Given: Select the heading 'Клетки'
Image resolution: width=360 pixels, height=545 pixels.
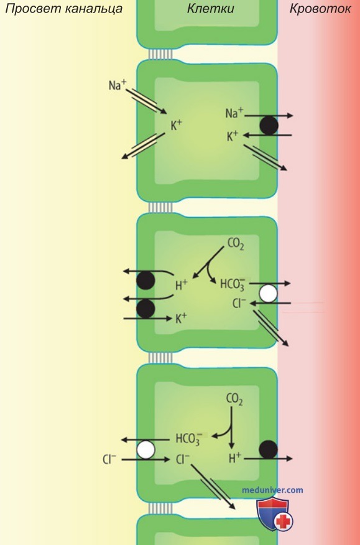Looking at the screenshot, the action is coord(211,8).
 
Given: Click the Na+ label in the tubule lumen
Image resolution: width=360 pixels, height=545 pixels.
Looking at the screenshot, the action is coord(118,85).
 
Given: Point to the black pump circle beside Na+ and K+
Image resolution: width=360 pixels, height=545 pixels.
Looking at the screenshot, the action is coord(269,126).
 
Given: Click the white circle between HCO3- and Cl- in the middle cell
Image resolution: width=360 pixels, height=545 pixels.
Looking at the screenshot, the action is coord(269,294).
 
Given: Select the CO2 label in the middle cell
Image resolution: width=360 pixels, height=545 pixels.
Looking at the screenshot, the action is coord(236,245).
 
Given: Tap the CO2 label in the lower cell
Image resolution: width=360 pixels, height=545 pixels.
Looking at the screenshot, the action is coord(234,399).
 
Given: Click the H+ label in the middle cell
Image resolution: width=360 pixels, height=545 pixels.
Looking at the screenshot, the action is coord(181,286).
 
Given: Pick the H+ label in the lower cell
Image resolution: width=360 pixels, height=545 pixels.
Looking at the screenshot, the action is coord(235,459).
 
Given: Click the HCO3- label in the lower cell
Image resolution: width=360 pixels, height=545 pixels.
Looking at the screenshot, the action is coord(189,439).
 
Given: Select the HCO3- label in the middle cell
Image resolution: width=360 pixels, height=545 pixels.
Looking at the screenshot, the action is coord(234,284).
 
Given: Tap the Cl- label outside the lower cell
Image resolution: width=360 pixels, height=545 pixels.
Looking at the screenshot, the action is coord(109,460).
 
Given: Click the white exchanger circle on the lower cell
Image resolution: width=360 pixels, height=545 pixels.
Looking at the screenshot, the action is coord(145,450).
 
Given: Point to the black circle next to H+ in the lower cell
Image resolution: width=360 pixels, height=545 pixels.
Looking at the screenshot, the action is coord(269,449).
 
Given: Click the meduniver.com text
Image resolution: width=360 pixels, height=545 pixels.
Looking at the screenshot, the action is coord(272,490).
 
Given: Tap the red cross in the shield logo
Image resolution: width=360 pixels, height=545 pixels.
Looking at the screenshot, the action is coord(284,521).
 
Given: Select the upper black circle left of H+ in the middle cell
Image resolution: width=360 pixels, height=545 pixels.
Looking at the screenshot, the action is coord(145,281).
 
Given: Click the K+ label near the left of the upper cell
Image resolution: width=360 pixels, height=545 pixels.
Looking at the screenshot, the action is coord(176,126).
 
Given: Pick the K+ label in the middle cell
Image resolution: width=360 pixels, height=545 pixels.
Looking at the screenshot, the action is coord(181,319).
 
